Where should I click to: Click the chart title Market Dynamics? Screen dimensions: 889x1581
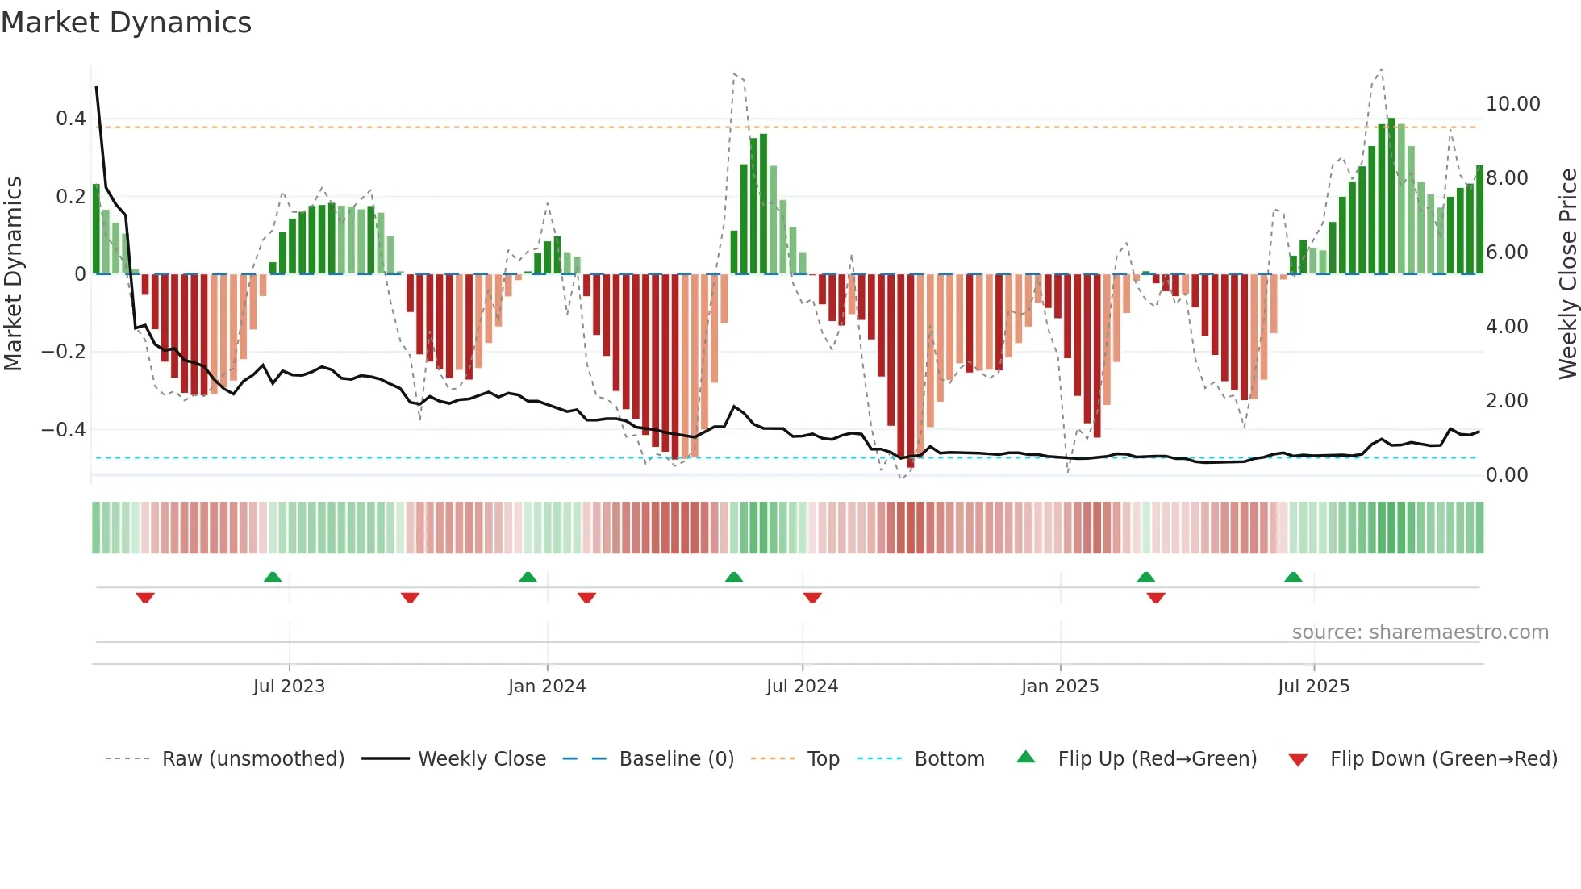click(x=126, y=23)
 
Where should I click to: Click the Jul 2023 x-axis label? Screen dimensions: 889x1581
click(x=289, y=687)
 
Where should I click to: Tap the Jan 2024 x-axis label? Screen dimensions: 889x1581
click(x=547, y=687)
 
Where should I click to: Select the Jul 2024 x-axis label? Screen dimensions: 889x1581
click(x=802, y=687)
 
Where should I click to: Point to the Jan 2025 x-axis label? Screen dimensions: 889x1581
click(x=1060, y=687)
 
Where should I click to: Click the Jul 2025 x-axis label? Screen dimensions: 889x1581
click(x=1313, y=687)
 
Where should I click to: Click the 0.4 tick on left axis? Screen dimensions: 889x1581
click(x=70, y=119)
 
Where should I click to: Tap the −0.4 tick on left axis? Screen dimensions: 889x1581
click(x=64, y=429)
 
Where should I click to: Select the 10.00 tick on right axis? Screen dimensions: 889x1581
click(x=1512, y=104)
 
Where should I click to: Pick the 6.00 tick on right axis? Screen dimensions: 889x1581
click(x=1507, y=253)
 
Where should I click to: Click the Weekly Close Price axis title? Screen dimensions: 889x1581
click(x=1567, y=274)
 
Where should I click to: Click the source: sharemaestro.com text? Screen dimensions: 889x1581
click(x=1420, y=632)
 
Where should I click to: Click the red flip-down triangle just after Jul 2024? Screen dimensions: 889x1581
click(x=812, y=598)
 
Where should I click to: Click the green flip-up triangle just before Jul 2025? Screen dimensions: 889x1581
click(x=1293, y=577)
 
